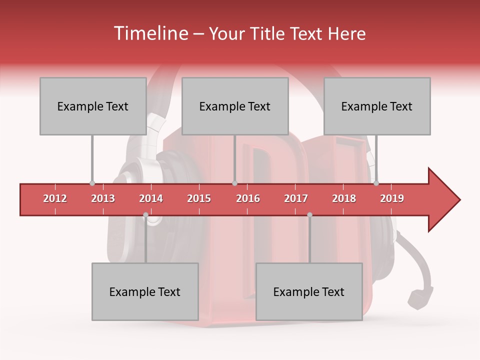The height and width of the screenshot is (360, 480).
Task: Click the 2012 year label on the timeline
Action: [x=55, y=198]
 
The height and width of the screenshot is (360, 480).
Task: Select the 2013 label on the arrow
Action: [x=103, y=198]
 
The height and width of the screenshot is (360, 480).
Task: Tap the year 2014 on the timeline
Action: [x=151, y=198]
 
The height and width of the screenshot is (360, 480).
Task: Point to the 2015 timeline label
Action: [x=199, y=198]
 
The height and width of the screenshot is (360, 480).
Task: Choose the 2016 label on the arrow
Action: [x=248, y=198]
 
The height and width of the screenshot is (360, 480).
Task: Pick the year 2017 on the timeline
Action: [x=296, y=198]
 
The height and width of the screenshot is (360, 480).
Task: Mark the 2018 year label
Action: [x=344, y=198]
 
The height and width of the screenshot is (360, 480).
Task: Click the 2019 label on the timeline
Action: [x=392, y=198]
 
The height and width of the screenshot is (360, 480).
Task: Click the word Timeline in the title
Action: [x=150, y=33]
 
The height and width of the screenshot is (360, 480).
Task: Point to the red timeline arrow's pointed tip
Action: [x=459, y=200]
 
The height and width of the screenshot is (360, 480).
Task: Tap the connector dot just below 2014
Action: [x=145, y=215]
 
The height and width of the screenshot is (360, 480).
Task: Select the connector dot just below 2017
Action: [x=309, y=215]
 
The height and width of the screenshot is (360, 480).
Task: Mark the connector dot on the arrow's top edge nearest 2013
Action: [x=92, y=183]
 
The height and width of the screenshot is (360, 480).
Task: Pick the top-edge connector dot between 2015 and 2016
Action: [x=234, y=183]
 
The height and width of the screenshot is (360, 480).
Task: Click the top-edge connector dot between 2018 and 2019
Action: [x=376, y=183]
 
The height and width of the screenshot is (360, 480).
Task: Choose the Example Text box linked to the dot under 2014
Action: [x=145, y=291]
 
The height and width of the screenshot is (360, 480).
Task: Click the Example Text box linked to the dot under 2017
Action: [x=309, y=291]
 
